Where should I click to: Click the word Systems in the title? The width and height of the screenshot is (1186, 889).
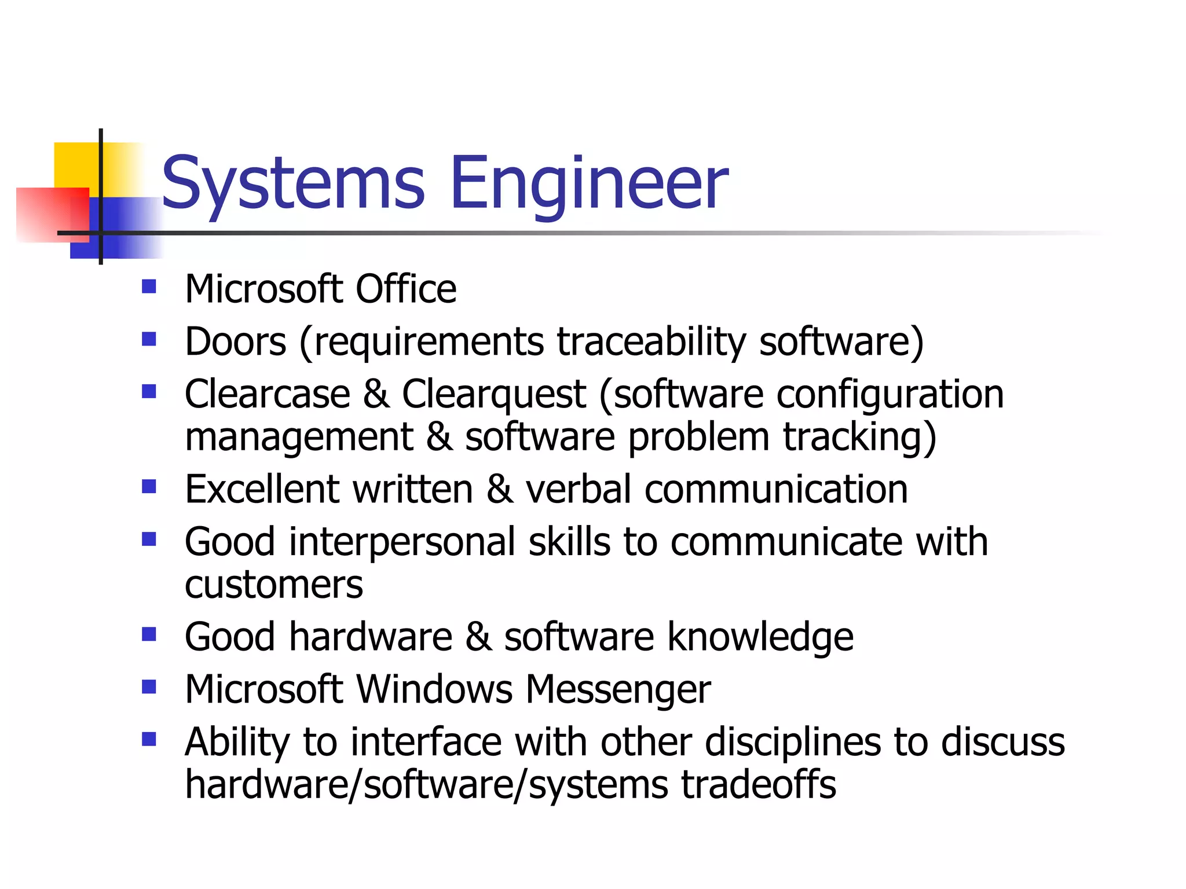pyautogui.click(x=293, y=184)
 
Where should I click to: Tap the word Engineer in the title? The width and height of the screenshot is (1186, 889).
pyautogui.click(x=589, y=184)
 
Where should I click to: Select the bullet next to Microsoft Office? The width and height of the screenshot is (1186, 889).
pyautogui.click(x=149, y=286)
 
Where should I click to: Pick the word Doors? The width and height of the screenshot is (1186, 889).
pyautogui.click(x=236, y=341)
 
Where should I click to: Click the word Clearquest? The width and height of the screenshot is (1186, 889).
pyautogui.click(x=494, y=394)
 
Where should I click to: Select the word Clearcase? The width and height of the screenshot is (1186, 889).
pyautogui.click(x=268, y=394)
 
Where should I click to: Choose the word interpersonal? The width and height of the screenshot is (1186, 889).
pyautogui.click(x=402, y=542)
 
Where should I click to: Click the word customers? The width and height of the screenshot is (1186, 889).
pyautogui.click(x=273, y=585)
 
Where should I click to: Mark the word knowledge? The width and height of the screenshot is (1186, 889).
pyautogui.click(x=760, y=637)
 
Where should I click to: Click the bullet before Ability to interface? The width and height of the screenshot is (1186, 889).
pyautogui.click(x=149, y=739)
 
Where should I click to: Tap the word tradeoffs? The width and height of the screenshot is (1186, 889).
pyautogui.click(x=758, y=785)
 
